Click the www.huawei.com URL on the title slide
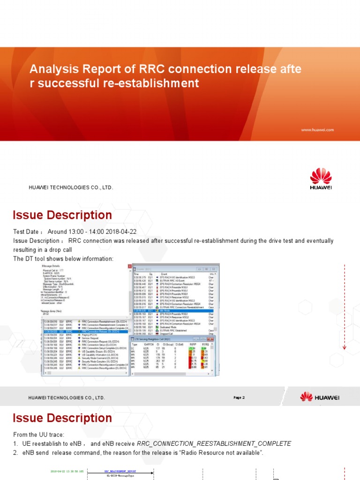coord(317,130)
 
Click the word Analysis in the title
coord(49,70)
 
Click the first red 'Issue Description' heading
coord(62,215)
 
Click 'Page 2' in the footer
coord(239,397)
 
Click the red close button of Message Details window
coord(130,267)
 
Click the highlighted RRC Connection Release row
coord(84,331)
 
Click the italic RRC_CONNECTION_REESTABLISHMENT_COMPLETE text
coord(214,443)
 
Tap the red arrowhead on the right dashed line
coord(345,347)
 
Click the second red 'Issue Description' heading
coord(62,418)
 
